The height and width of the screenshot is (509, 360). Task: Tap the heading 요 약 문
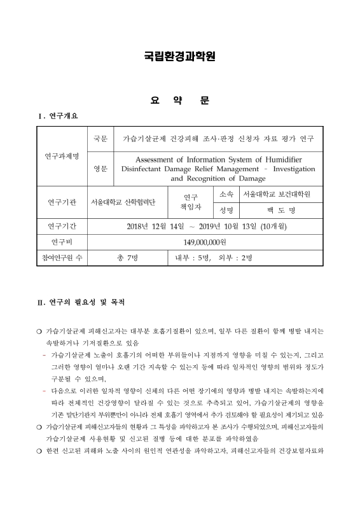(x=179, y=101)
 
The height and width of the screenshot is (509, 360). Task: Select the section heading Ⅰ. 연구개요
(x=59, y=116)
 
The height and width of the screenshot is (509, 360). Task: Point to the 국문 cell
(x=100, y=138)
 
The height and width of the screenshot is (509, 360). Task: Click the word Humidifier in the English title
(x=281, y=158)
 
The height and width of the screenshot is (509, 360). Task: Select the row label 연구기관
(x=62, y=202)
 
